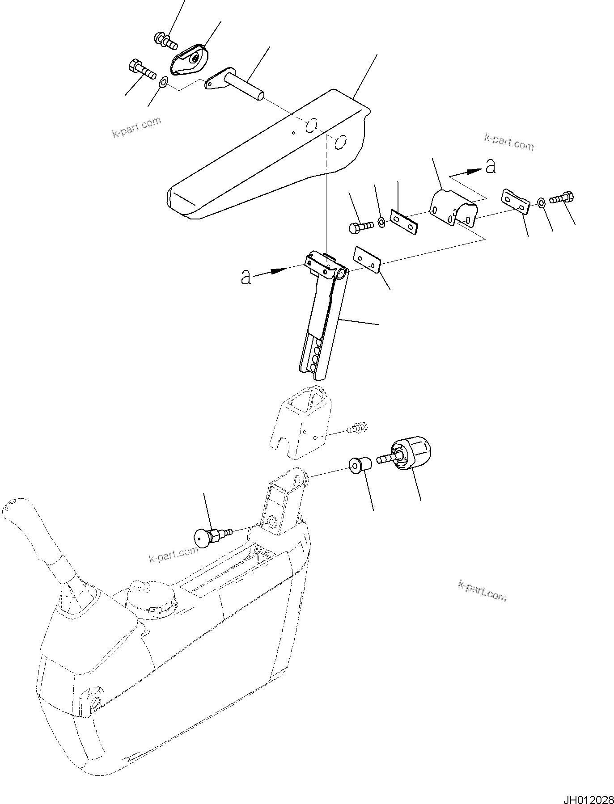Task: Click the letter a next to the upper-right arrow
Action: click(x=491, y=167)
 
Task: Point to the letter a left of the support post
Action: click(x=246, y=277)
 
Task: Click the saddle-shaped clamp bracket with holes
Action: click(x=453, y=207)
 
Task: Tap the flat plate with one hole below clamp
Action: click(x=367, y=261)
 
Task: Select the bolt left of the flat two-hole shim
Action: click(x=360, y=227)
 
